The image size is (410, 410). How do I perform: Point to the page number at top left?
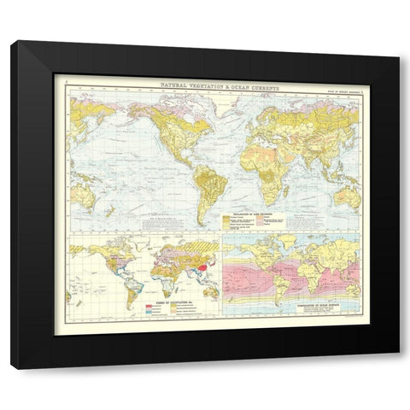(x=67, y=83)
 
